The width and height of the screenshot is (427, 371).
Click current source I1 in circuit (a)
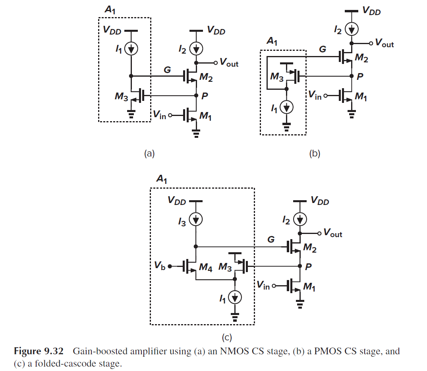pyautogui.click(x=131, y=49)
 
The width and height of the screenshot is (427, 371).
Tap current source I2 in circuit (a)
pyautogui.click(x=196, y=49)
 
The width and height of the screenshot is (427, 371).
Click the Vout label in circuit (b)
pyautogui.click(x=384, y=44)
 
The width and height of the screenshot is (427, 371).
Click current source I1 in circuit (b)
pyautogui.click(x=286, y=107)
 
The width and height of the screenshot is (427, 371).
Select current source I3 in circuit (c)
pyautogui.click(x=195, y=219)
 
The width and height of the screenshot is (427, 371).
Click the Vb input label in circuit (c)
pyautogui.click(x=160, y=266)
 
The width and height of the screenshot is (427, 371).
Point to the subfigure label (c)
pyautogui.click(x=226, y=338)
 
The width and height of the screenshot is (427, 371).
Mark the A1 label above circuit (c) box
pyautogui.click(x=161, y=180)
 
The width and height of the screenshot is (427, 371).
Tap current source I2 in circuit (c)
pyautogui.click(x=300, y=219)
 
